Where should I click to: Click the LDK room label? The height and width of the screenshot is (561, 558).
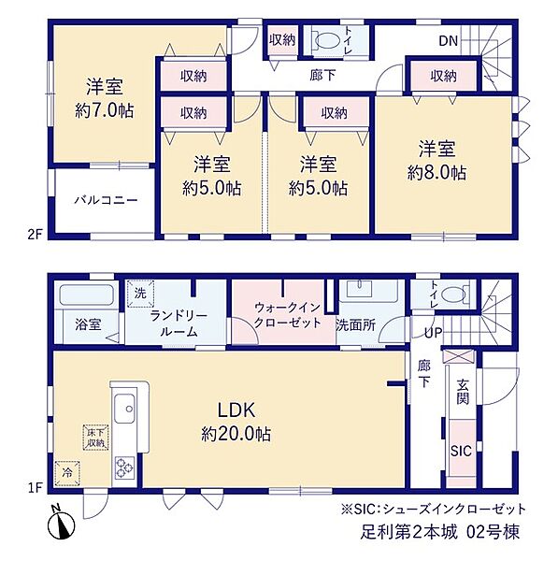coord(236,410)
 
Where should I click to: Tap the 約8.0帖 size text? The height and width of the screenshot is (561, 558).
coord(436,173)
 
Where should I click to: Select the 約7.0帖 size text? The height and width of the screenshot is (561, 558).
coord(105,111)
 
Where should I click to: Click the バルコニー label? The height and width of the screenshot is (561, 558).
coord(106,200)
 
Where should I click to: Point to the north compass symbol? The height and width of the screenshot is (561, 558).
coord(61,523)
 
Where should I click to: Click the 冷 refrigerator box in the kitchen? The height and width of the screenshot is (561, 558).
coord(67,473)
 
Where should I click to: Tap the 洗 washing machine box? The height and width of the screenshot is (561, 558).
coord(140,293)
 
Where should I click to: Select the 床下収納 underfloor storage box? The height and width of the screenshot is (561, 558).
coord(96,438)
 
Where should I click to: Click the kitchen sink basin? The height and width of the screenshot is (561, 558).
coord(124,409)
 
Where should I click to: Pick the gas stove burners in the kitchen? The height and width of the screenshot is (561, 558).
coord(124,467)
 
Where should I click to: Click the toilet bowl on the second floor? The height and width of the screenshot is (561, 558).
coord(328,39)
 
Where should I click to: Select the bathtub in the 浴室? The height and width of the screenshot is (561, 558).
coord(86,295)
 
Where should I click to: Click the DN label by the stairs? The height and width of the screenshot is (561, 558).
coord(449,41)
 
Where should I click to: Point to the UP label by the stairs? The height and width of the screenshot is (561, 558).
coord(433,333)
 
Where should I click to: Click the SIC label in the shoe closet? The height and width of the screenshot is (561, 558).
coord(461,452)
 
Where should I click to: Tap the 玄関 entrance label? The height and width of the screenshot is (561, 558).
coord(463,392)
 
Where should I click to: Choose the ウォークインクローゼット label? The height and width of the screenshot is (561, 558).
coord(288,315)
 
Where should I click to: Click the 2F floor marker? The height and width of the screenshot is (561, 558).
coord(36,235)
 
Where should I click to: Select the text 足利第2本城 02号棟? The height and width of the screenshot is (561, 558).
coord(439,532)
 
